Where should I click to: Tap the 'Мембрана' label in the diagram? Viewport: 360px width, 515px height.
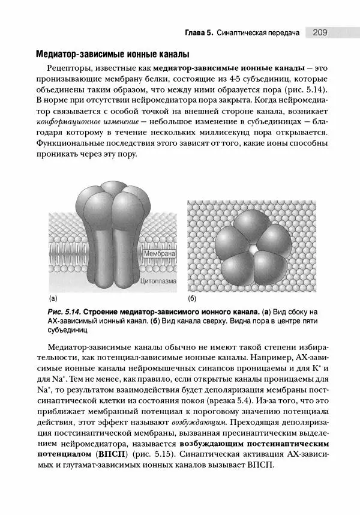pos(160,254)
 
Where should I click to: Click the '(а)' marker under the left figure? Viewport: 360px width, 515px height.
pos(53,298)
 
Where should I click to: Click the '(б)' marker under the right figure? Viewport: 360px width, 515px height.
pos(192,298)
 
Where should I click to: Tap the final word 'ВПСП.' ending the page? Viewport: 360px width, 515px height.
pos(260,466)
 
